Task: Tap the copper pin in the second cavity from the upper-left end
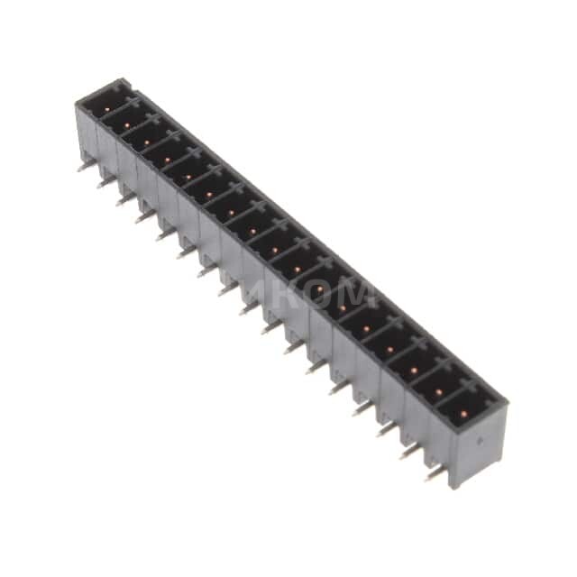127,118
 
